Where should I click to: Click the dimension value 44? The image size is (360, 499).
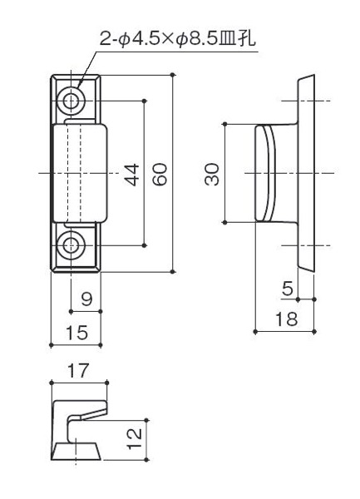tap(131, 175)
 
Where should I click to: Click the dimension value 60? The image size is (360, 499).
tap(160, 174)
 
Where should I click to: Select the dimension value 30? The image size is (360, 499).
tap(212, 174)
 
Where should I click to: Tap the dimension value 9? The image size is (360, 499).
tap(86, 299)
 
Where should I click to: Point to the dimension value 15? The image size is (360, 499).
tap(76, 333)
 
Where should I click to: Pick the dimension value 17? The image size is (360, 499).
tap(78, 371)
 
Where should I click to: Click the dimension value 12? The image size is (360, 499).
tap(134, 439)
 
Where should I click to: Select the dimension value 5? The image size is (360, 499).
tap(288, 289)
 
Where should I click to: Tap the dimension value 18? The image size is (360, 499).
tap(287, 319)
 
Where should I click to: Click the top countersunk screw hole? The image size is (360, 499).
tap(71, 101)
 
